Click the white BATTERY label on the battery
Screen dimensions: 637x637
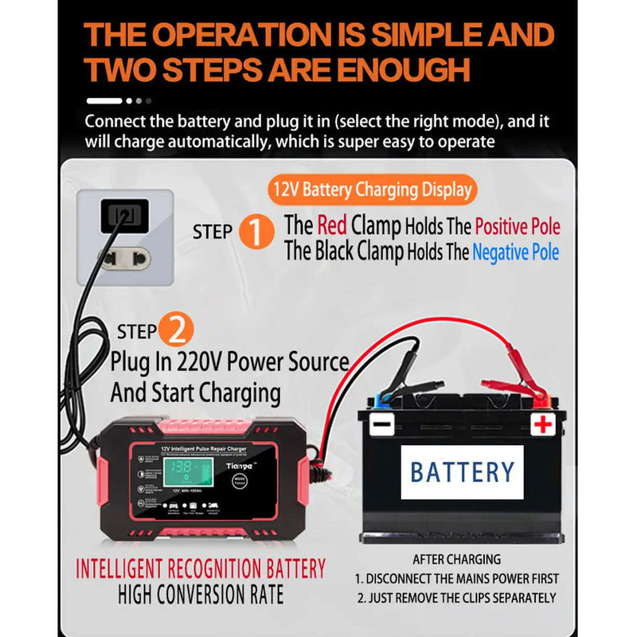pyautogui.click(x=462, y=471)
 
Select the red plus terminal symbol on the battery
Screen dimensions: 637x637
pyautogui.click(x=543, y=424)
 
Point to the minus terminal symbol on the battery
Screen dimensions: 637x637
pyautogui.click(x=381, y=424)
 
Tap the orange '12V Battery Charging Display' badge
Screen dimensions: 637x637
pyautogui.click(x=372, y=190)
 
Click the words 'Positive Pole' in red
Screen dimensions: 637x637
pyautogui.click(x=517, y=226)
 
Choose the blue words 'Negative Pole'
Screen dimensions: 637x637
pyautogui.click(x=515, y=253)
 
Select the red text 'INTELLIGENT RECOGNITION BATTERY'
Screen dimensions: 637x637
pyautogui.click(x=201, y=569)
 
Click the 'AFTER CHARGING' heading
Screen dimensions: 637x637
pyautogui.click(x=457, y=560)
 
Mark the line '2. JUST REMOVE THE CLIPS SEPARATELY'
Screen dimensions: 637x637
pyautogui.click(x=457, y=598)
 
